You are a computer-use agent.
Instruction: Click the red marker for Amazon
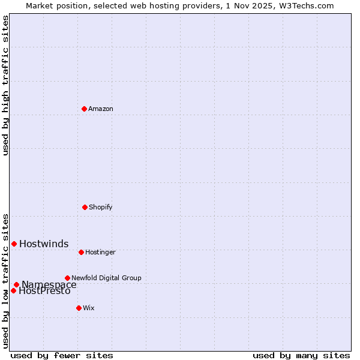(84, 109)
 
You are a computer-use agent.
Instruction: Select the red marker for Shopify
(85, 207)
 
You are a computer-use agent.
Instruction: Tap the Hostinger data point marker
(81, 252)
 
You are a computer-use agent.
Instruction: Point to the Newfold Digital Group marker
(67, 278)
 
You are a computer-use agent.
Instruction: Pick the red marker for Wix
(79, 308)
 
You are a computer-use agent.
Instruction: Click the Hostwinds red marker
(14, 244)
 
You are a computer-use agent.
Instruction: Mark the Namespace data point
(16, 284)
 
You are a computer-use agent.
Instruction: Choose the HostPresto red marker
(13, 290)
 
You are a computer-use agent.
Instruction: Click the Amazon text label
(101, 109)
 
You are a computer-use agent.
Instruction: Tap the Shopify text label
(101, 207)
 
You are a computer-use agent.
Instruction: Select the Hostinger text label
(100, 252)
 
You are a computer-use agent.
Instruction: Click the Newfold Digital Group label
(106, 278)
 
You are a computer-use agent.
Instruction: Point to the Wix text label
(89, 308)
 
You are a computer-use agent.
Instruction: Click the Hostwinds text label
(44, 244)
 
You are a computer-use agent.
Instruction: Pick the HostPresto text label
(44, 292)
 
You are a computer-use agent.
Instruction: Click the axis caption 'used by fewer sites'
(62, 355)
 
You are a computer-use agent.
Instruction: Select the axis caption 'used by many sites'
(301, 355)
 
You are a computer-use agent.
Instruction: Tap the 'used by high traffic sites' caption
(5, 85)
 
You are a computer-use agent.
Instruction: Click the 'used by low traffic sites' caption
(5, 281)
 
